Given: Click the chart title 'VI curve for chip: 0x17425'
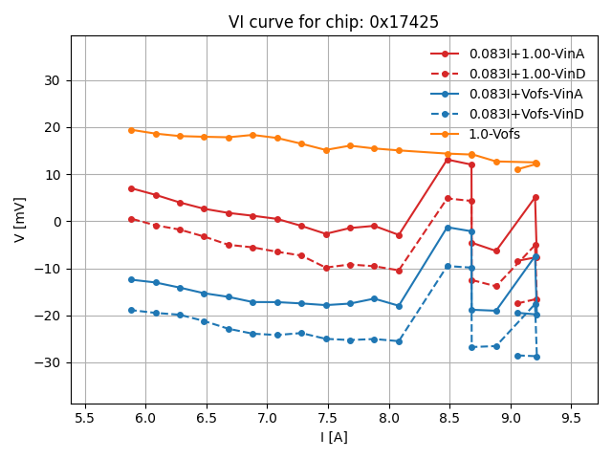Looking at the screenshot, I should click(x=333, y=22).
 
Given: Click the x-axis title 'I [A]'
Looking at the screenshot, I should click(x=334, y=437).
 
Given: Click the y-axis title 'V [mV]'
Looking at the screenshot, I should click(x=20, y=219).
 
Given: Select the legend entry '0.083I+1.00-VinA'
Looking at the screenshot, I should click(x=526, y=54).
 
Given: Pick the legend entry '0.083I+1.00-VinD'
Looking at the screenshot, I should click(x=527, y=74).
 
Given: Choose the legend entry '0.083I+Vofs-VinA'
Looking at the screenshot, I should click(x=526, y=94).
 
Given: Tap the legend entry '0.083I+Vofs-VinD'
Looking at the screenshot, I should click(x=526, y=114).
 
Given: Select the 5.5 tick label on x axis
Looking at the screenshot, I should click(x=86, y=417).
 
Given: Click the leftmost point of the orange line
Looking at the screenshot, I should click(x=132, y=130).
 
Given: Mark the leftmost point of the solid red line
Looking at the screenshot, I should click(x=132, y=188).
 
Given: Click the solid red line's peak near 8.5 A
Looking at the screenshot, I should click(x=448, y=160).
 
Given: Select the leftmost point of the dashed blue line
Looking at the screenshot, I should click(x=132, y=310).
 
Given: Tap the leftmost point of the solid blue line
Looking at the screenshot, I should click(x=132, y=279).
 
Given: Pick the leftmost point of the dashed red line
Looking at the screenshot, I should click(x=132, y=219).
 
